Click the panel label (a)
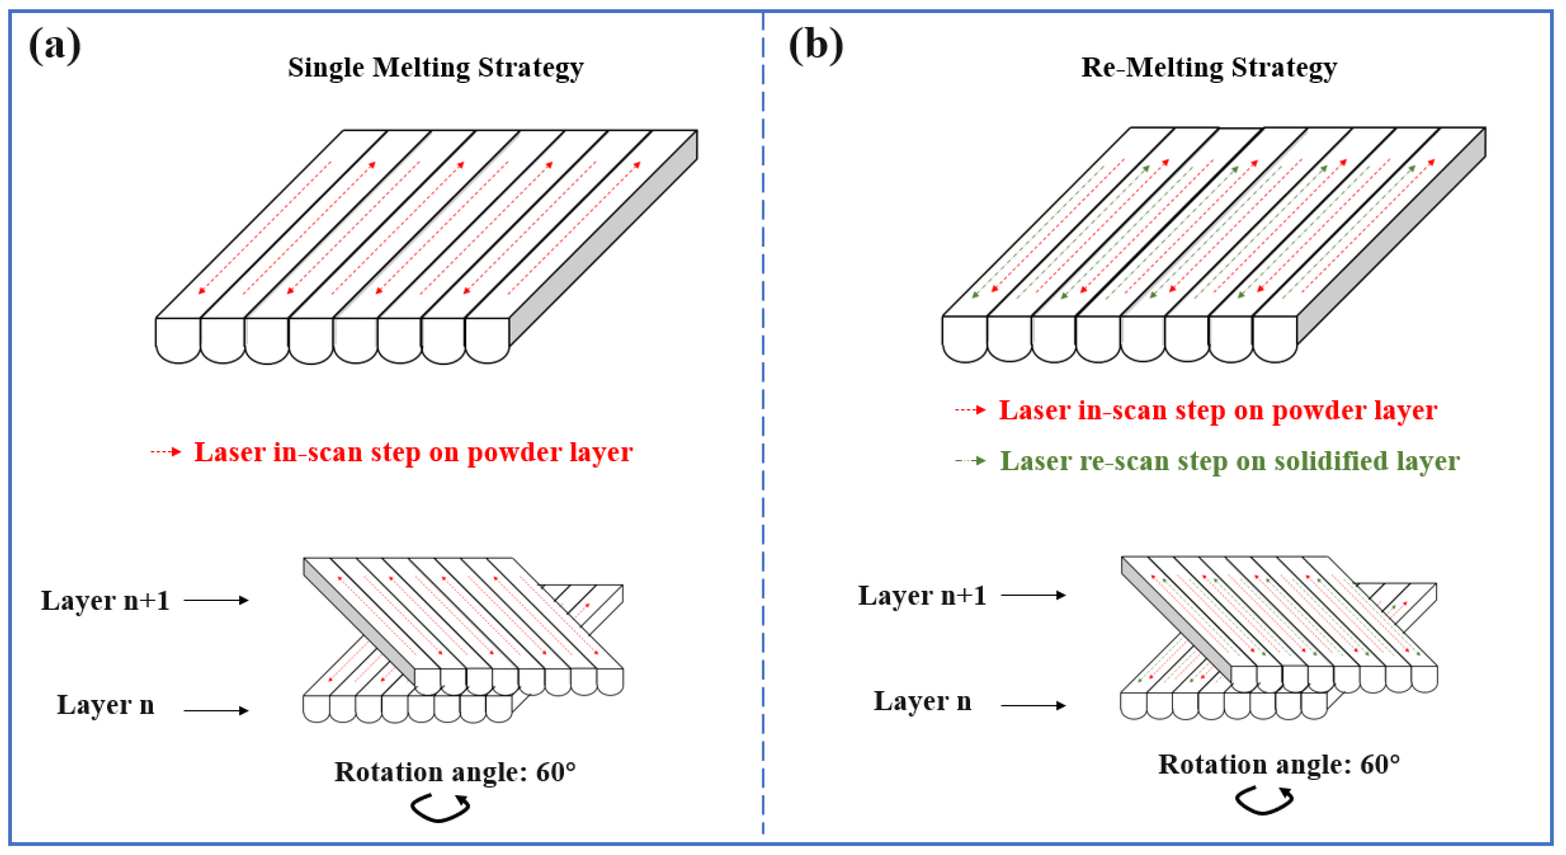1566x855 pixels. coord(54,46)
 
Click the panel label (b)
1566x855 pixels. coord(816,46)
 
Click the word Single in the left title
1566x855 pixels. coord(326,67)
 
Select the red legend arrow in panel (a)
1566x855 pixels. coord(166,451)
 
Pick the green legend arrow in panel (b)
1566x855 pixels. coord(970,460)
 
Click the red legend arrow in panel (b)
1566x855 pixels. coord(970,410)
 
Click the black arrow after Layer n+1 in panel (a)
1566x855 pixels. coord(217,600)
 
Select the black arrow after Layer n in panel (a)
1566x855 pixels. coord(217,711)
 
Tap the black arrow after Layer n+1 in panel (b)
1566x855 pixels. coord(1033,594)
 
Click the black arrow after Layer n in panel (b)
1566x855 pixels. coord(1033,705)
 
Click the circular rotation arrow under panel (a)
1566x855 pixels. coord(440,808)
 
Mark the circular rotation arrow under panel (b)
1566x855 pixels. coord(1265,801)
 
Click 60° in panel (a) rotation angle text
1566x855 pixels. coord(555,772)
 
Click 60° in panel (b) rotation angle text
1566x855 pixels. coord(1380,764)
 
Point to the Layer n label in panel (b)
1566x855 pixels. coord(922,701)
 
